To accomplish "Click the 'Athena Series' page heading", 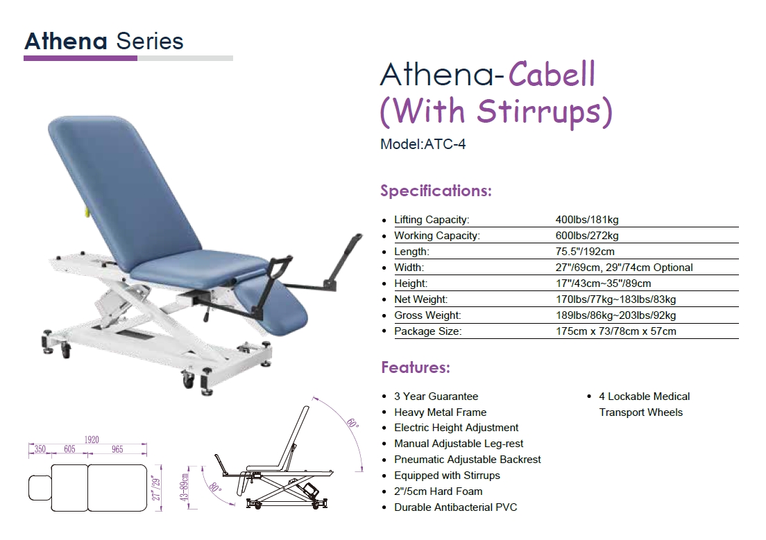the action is [x=104, y=41].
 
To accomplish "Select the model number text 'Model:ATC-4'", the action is [x=423, y=144].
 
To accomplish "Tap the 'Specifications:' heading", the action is [x=436, y=191].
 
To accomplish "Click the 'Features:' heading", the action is [x=415, y=367].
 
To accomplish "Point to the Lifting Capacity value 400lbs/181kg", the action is [x=587, y=220].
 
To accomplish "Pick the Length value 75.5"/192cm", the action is [x=585, y=252].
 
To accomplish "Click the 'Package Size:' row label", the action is [x=428, y=331].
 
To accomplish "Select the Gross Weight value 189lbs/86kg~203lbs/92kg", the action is [x=615, y=315].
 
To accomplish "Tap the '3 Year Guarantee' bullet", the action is [x=436, y=397].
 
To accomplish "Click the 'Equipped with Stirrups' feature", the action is [x=447, y=476].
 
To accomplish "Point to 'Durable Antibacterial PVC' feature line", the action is [x=455, y=507].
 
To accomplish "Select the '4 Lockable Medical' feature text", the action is [x=645, y=397].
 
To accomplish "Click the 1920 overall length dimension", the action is [x=92, y=440].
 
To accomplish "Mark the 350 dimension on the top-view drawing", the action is [x=40, y=449].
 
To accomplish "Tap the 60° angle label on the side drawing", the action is [x=352, y=423].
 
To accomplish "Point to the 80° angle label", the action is [x=215, y=487].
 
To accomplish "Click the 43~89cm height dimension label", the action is [x=185, y=487].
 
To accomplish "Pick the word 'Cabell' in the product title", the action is [x=552, y=75].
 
